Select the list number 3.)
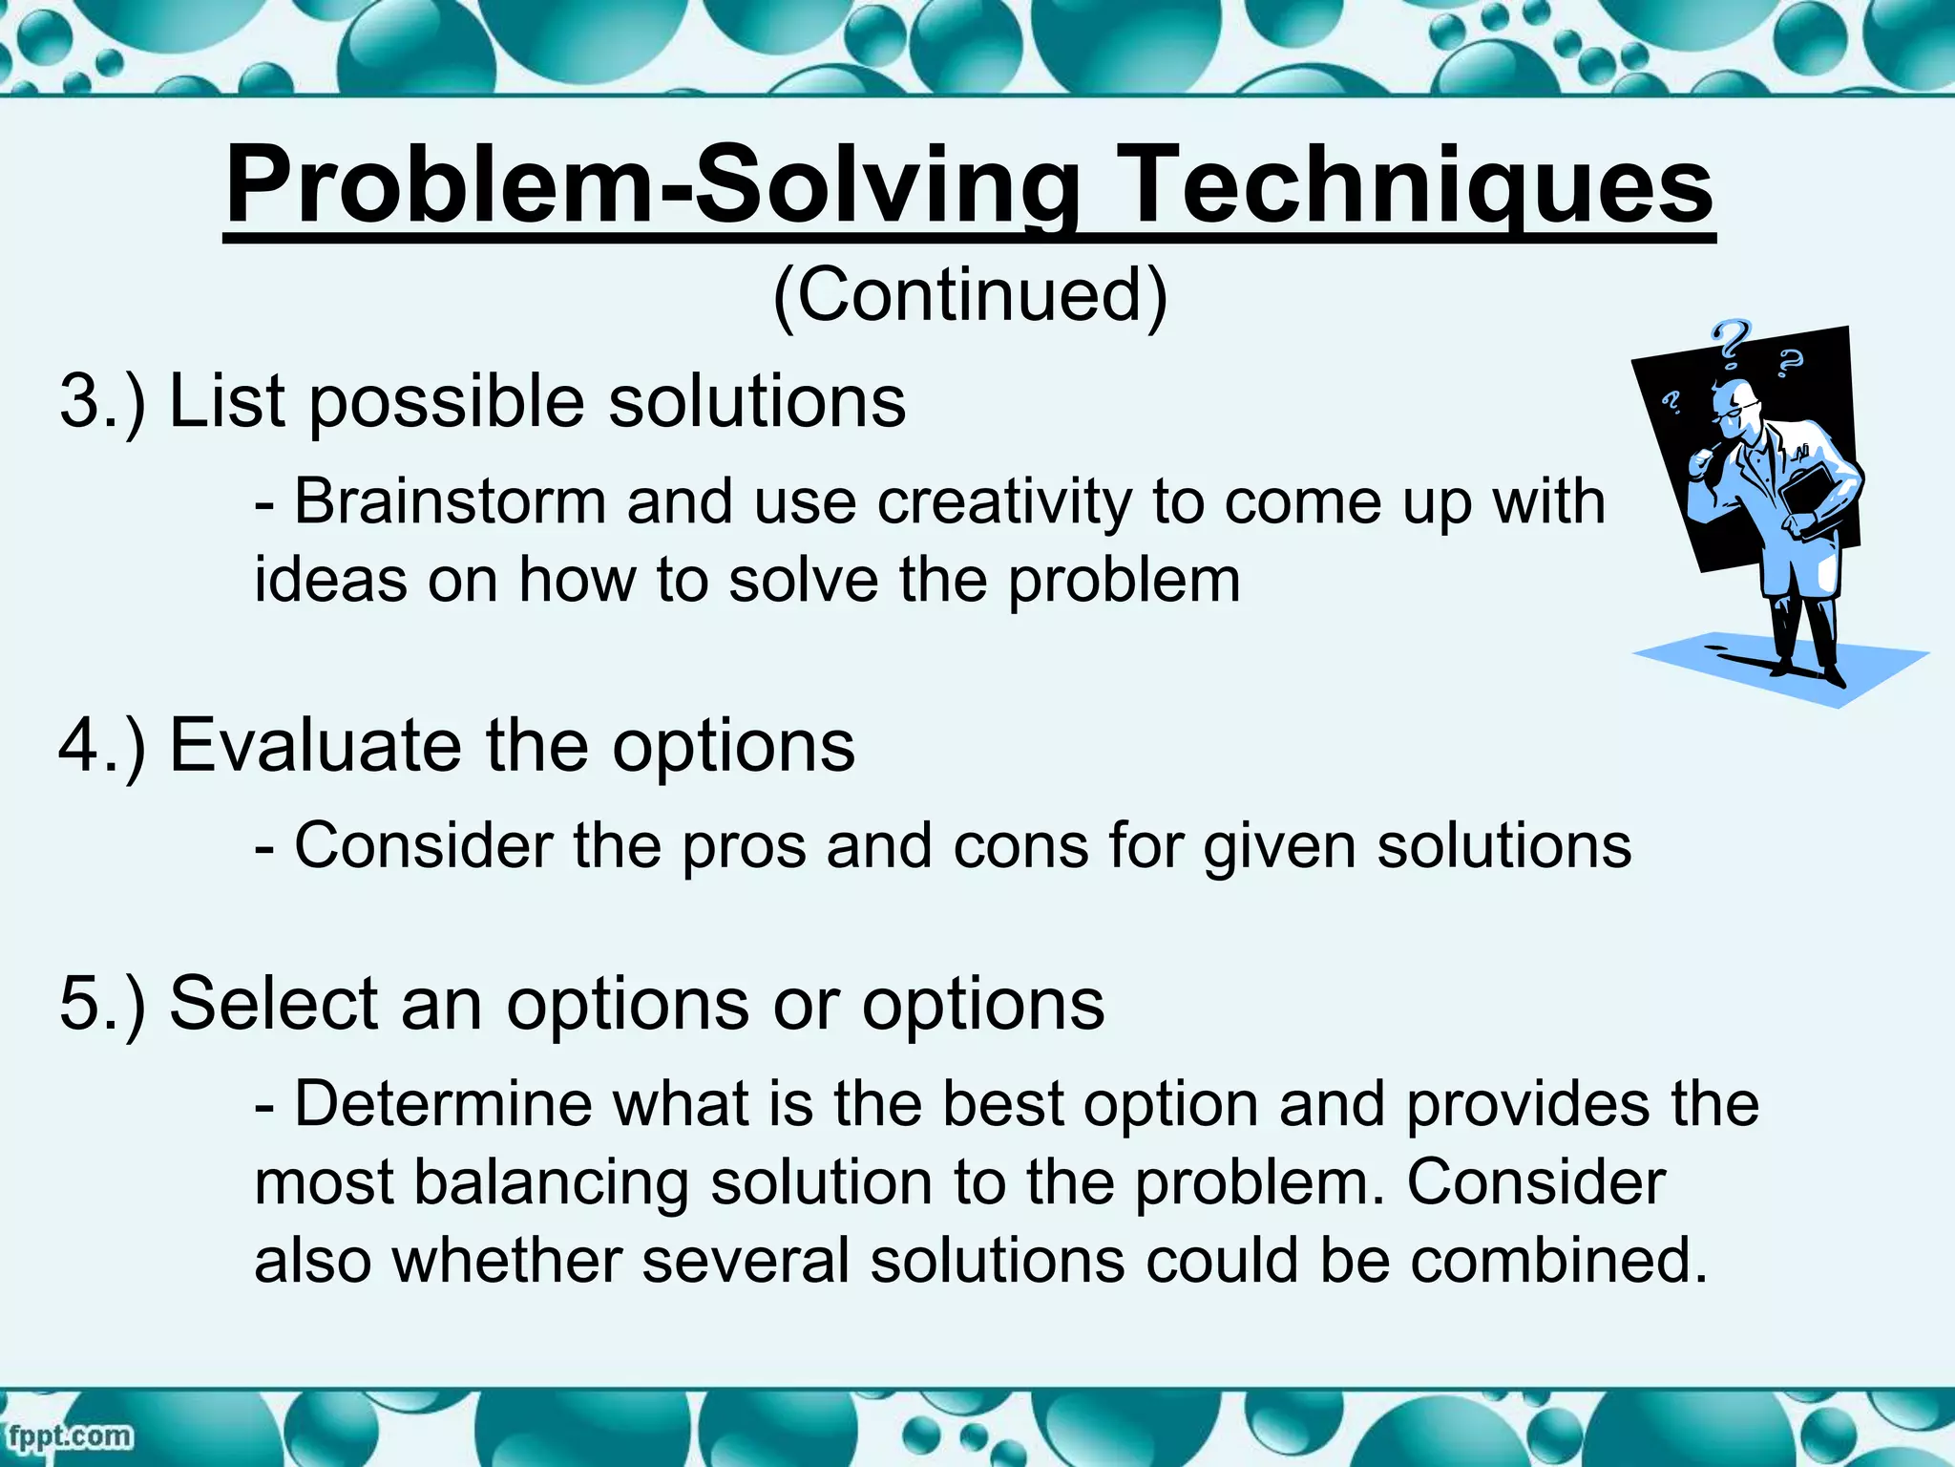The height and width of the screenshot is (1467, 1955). click(103, 401)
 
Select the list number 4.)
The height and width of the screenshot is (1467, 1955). click(103, 746)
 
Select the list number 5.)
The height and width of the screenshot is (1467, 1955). click(103, 1004)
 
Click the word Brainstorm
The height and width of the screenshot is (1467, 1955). click(450, 501)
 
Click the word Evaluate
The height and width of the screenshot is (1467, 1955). click(315, 746)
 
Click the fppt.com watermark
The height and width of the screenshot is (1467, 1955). click(69, 1435)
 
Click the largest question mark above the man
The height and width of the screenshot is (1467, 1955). click(1730, 344)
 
